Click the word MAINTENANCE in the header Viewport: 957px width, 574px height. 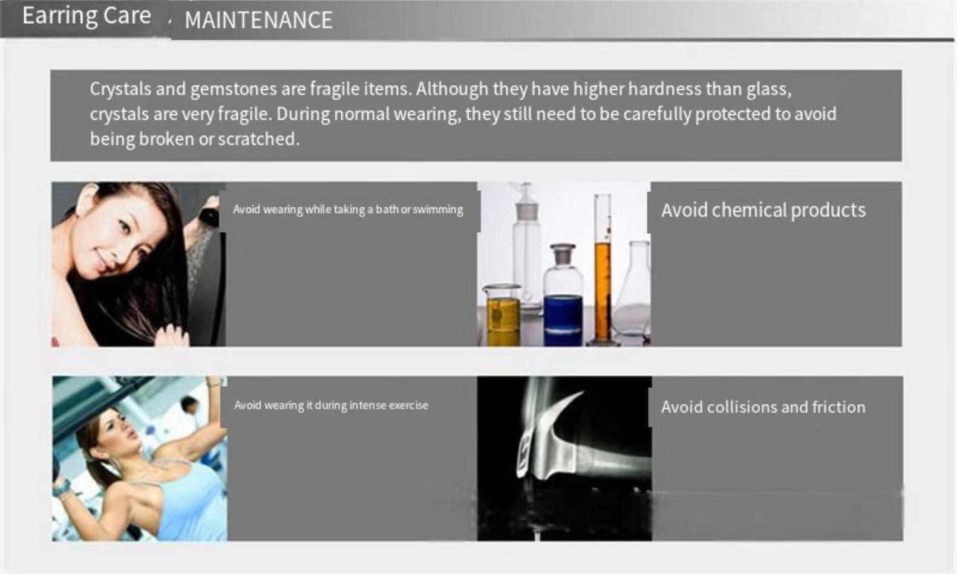(258, 20)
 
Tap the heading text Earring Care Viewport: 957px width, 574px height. (87, 16)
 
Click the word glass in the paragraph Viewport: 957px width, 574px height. (769, 89)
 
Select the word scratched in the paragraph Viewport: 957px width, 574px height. (258, 139)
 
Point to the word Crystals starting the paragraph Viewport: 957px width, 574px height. (120, 89)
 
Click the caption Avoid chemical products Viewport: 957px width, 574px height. (763, 210)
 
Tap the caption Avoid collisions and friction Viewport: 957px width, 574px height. (763, 407)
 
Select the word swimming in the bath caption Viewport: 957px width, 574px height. (438, 210)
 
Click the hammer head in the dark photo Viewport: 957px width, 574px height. (551, 435)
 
